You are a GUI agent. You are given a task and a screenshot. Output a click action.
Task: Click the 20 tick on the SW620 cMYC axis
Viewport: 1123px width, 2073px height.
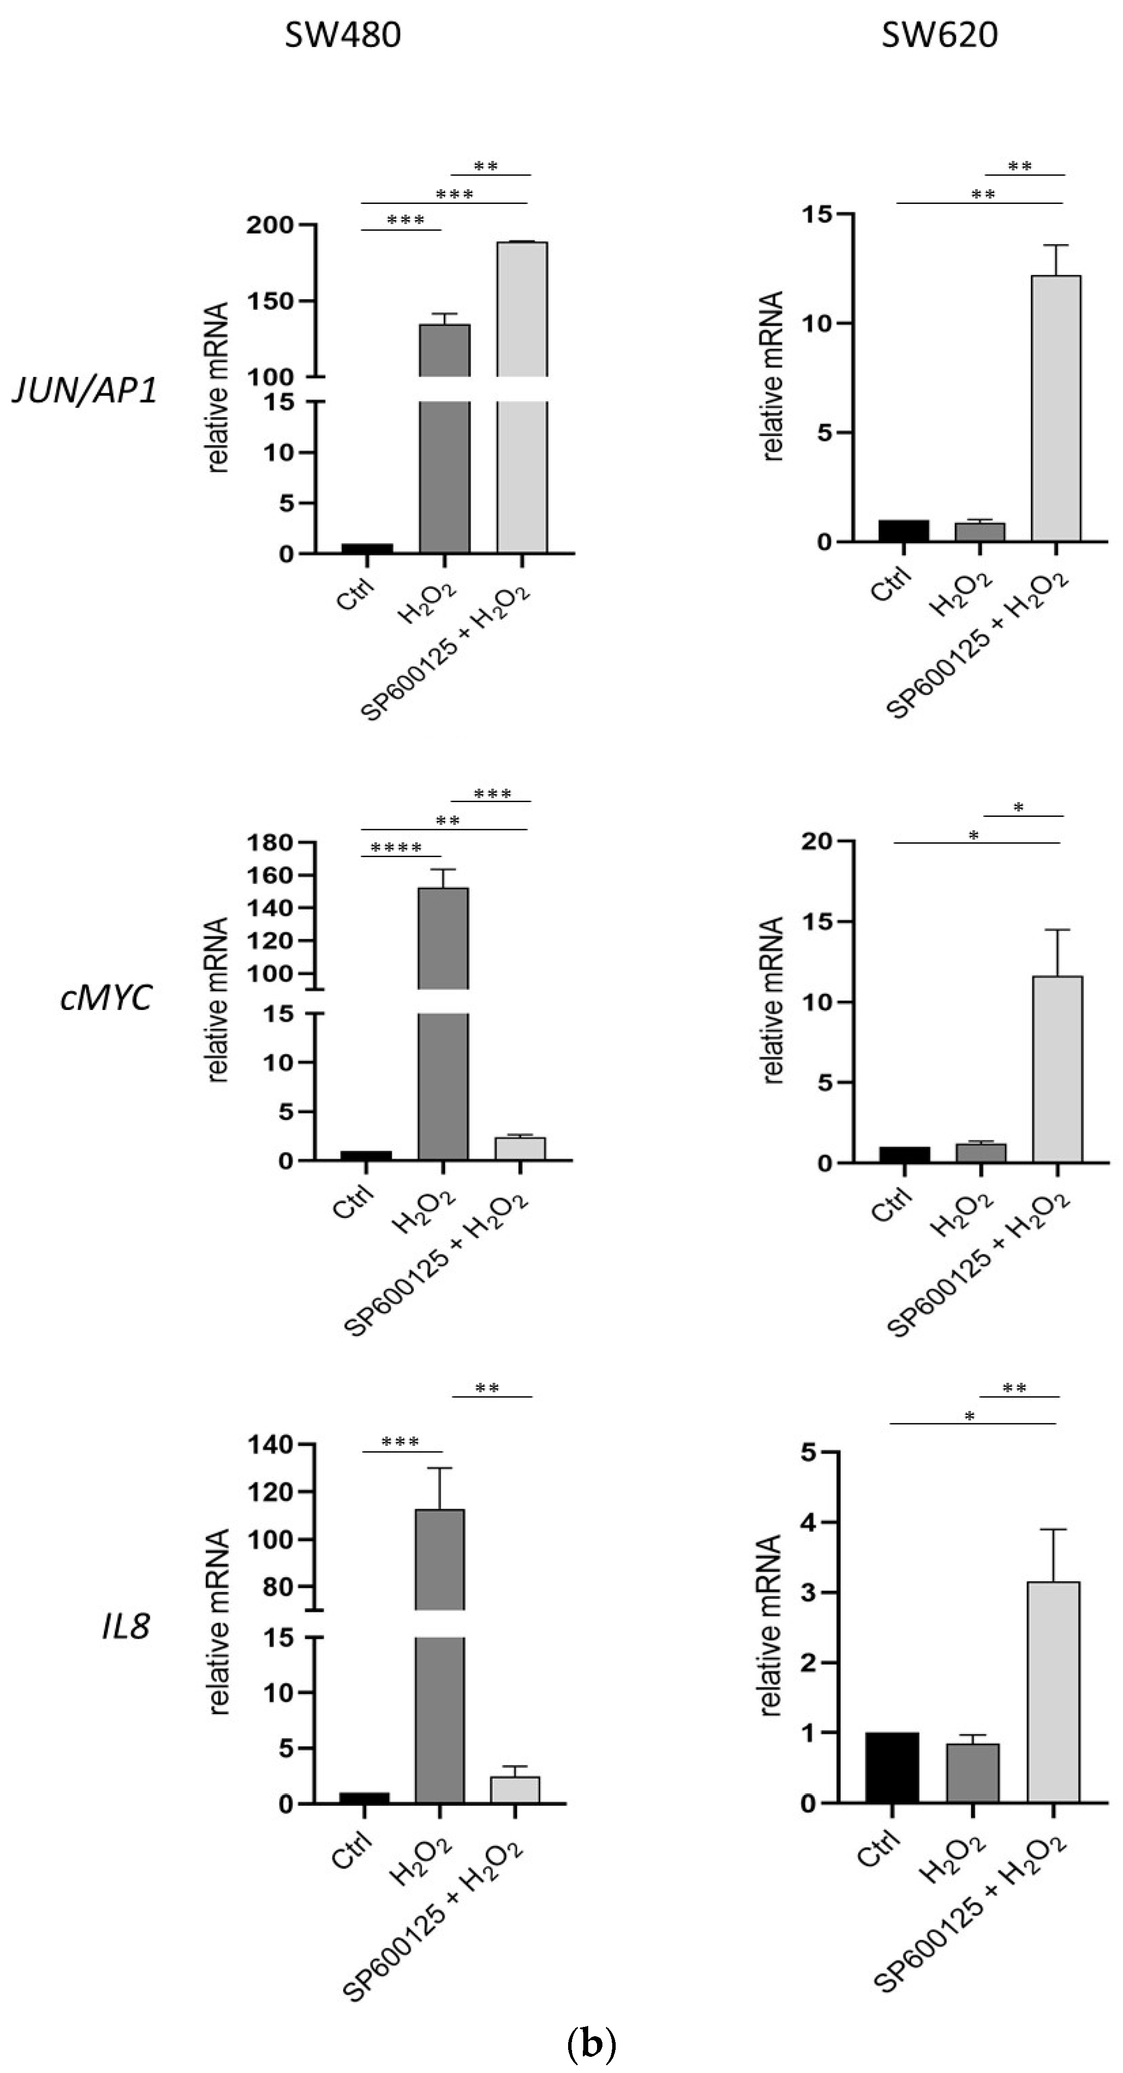pyautogui.click(x=817, y=841)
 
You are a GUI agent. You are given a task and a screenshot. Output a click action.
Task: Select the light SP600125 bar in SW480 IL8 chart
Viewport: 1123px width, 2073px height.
pyautogui.click(x=515, y=1791)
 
